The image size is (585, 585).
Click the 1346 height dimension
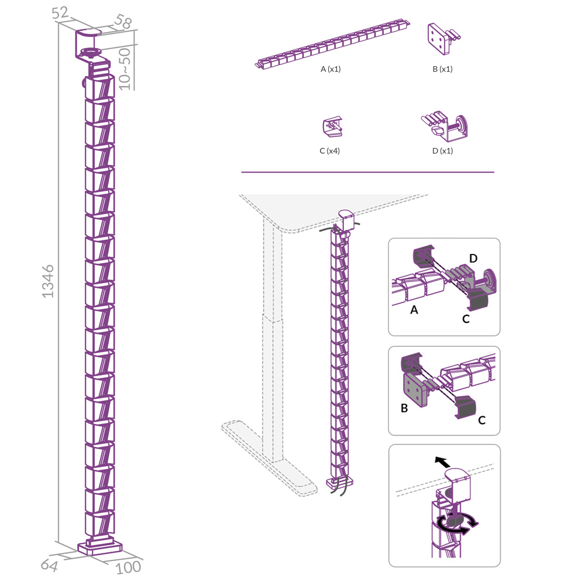pyautogui.click(x=48, y=281)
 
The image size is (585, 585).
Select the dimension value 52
pyautogui.click(x=60, y=13)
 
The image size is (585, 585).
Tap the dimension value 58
pyautogui.click(x=123, y=21)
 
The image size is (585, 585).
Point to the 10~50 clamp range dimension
pyautogui.click(x=125, y=68)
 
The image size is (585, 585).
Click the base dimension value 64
pyautogui.click(x=49, y=565)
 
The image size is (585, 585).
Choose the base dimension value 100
pyautogui.click(x=128, y=567)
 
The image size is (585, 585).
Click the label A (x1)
pyautogui.click(x=331, y=69)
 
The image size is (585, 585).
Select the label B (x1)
pyautogui.click(x=442, y=69)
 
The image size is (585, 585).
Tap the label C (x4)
pyautogui.click(x=330, y=151)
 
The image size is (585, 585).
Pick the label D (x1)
pyautogui.click(x=442, y=151)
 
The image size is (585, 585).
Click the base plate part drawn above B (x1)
pyautogui.click(x=443, y=39)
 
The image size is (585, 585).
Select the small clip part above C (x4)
pyautogui.click(x=332, y=127)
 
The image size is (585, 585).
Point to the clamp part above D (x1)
pyautogui.click(x=444, y=127)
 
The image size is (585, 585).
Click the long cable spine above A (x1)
pyautogui.click(x=332, y=44)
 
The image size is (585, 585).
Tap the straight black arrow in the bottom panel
pyautogui.click(x=443, y=462)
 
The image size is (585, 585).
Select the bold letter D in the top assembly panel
pyautogui.click(x=473, y=258)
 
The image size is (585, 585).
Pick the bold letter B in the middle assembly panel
pyautogui.click(x=404, y=408)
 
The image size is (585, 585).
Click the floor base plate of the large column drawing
pyautogui.click(x=100, y=547)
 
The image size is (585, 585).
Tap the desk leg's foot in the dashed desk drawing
pyautogui.click(x=269, y=458)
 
